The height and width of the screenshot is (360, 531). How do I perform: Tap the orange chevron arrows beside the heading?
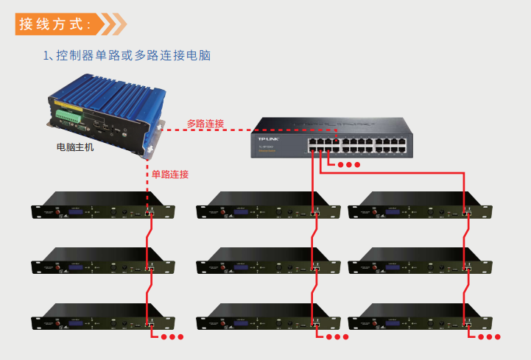pyautogui.click(x=113, y=24)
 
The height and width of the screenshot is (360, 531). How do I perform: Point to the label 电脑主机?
pyautogui.click(x=75, y=147)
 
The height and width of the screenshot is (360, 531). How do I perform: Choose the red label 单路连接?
pyautogui.click(x=170, y=174)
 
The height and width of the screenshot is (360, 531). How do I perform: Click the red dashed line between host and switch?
pyautogui.click(x=206, y=131)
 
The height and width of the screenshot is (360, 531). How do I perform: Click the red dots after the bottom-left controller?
pyautogui.click(x=172, y=337)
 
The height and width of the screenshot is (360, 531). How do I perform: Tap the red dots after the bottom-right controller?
pyautogui.click(x=490, y=337)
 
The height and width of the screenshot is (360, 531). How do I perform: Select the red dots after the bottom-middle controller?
pyautogui.click(x=337, y=337)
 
